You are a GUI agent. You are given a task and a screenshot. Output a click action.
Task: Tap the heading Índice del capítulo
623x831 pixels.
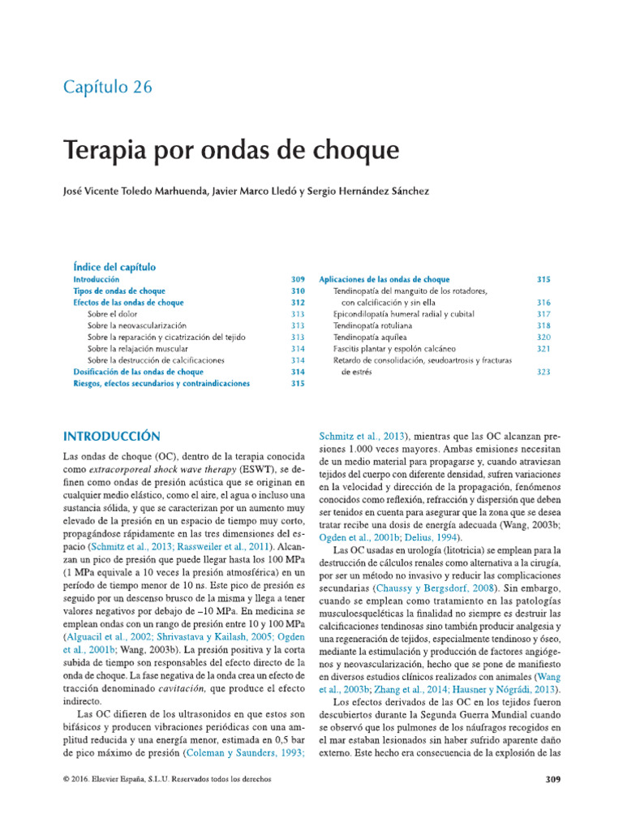[114, 266]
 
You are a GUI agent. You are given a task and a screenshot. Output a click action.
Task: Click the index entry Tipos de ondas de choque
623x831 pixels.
[119, 291]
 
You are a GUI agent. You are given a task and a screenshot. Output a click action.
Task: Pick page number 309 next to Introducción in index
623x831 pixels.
[298, 279]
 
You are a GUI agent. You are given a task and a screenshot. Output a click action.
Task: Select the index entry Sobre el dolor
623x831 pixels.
[112, 314]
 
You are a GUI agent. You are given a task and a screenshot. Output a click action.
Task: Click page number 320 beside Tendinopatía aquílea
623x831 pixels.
[544, 337]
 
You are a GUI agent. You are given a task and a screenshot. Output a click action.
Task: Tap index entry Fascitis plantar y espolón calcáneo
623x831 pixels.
[397, 348]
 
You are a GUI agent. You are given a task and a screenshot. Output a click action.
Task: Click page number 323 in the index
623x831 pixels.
[544, 372]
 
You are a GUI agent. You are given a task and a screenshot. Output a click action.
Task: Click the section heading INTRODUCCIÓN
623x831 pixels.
[112, 436]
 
